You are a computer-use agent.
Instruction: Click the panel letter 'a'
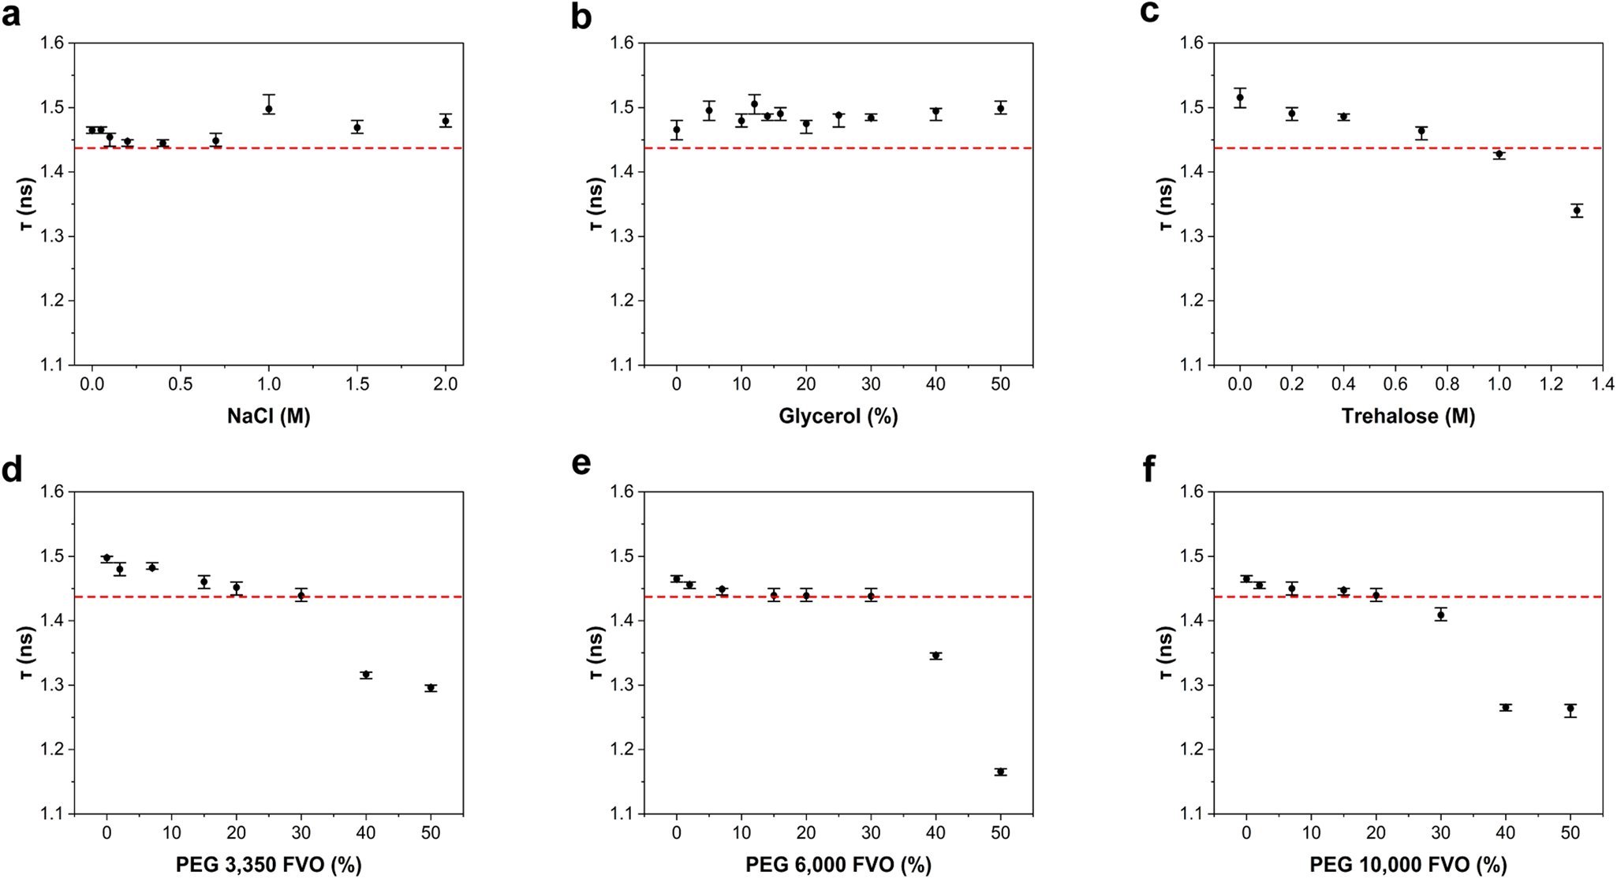(11, 16)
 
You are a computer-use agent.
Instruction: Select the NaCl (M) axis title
(268, 416)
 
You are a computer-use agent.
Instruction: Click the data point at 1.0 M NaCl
(269, 109)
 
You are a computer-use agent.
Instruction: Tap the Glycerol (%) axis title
(838, 416)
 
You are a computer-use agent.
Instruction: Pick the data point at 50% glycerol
(1001, 108)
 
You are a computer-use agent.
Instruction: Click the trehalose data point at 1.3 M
(1577, 211)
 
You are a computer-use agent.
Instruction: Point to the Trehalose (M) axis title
(1408, 416)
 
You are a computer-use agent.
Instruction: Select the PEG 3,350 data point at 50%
(431, 688)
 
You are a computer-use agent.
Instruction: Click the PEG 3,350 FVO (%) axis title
(268, 865)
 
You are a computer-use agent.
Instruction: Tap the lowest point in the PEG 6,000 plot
(1001, 772)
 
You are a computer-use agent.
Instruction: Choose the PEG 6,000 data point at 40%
(936, 656)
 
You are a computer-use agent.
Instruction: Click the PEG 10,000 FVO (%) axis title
(1408, 865)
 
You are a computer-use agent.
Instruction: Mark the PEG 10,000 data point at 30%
(1441, 615)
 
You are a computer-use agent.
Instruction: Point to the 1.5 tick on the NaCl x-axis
(357, 384)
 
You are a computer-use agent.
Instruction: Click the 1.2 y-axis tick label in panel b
(624, 301)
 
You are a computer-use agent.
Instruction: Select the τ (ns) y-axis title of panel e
(596, 652)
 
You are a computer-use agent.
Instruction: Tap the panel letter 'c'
(1149, 14)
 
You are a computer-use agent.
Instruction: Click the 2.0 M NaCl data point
(446, 121)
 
